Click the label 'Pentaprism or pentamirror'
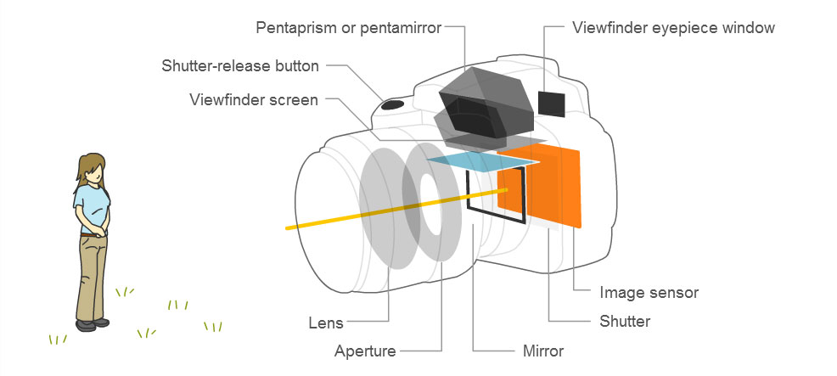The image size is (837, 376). pyautogui.click(x=348, y=28)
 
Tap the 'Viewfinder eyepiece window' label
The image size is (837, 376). pyautogui.click(x=673, y=28)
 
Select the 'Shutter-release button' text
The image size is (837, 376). pyautogui.click(x=240, y=65)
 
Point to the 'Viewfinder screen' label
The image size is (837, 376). pyautogui.click(x=253, y=100)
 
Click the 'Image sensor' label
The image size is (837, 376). pyautogui.click(x=649, y=293)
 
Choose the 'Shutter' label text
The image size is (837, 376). pyautogui.click(x=624, y=321)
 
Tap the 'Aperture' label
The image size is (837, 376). pyautogui.click(x=365, y=350)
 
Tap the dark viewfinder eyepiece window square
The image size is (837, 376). pyautogui.click(x=552, y=103)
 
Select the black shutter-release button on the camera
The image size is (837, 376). pyautogui.click(x=392, y=104)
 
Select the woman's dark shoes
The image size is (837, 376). pyautogui.click(x=92, y=323)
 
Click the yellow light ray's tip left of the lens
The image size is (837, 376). pyautogui.click(x=288, y=228)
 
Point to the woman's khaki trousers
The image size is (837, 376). pyautogui.click(x=92, y=272)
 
